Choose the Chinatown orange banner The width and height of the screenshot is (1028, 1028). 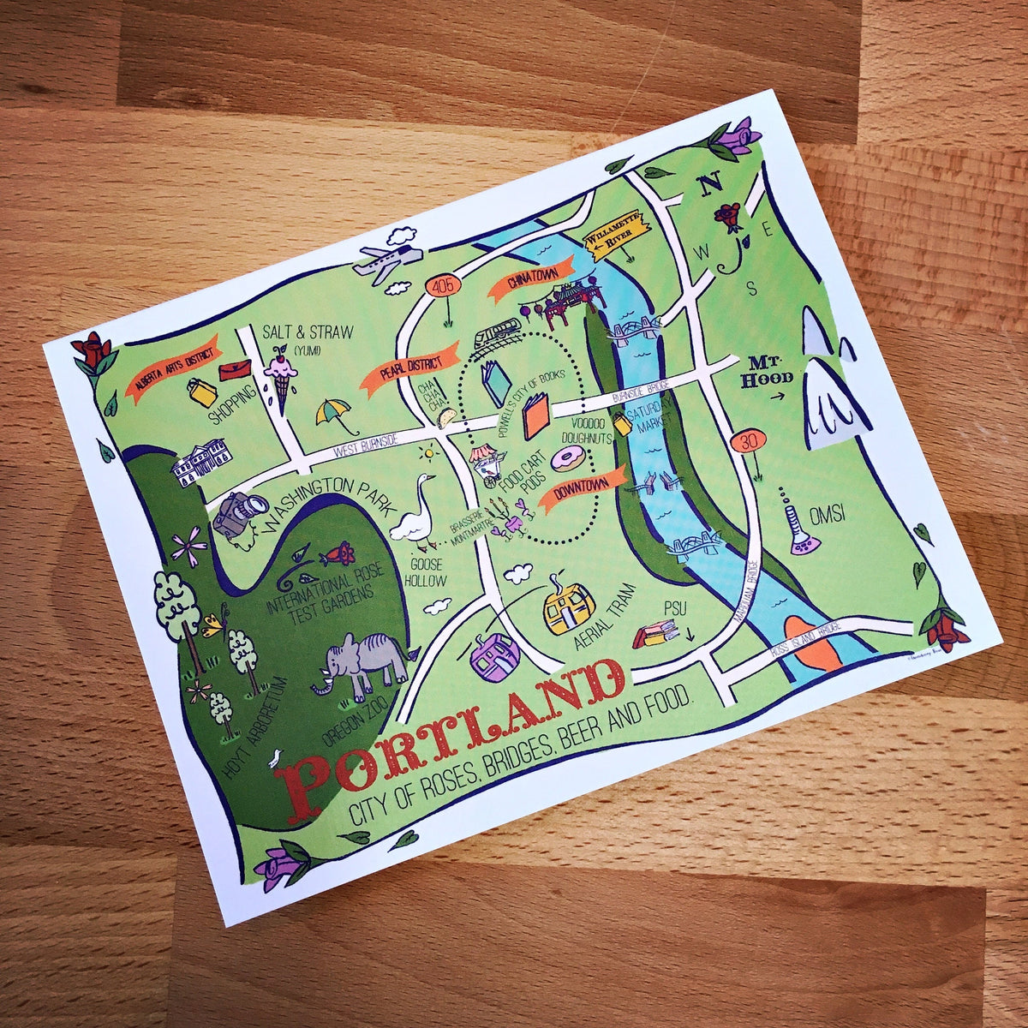coord(529,283)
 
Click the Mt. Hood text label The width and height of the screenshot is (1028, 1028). coord(763,369)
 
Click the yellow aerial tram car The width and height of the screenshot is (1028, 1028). coord(569,607)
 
